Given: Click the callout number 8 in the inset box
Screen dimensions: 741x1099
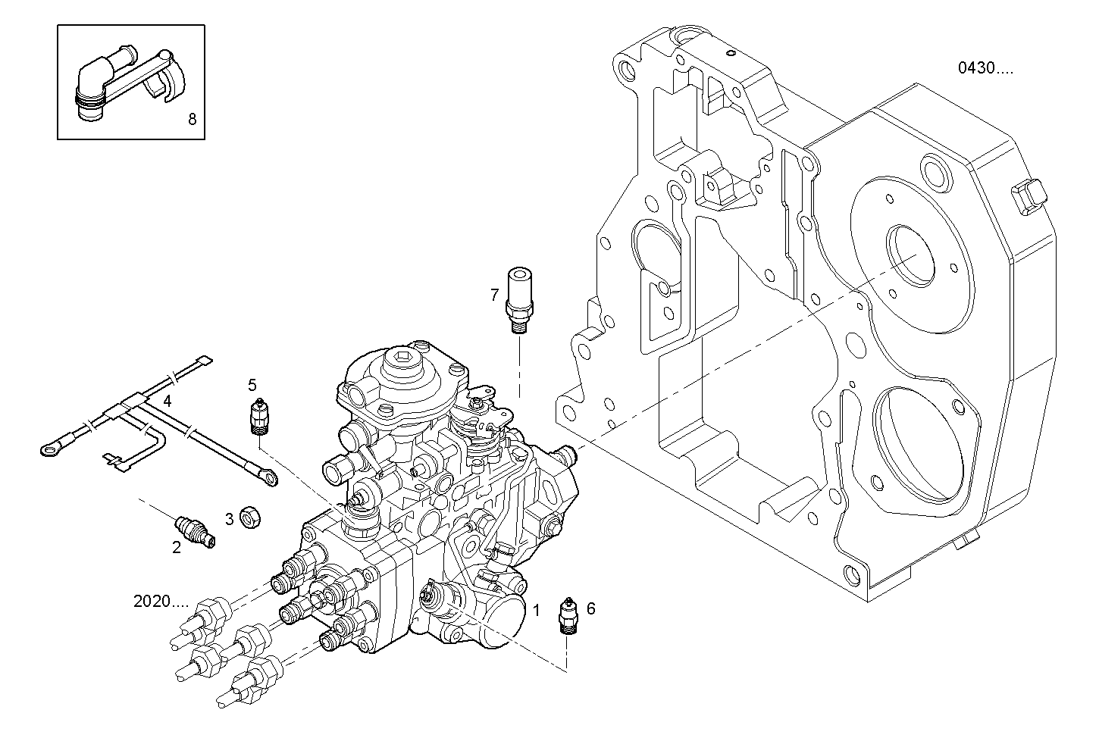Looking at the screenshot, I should click(192, 119).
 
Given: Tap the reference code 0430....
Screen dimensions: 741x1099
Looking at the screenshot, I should click(985, 68).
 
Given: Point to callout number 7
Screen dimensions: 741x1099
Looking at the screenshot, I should click(494, 294).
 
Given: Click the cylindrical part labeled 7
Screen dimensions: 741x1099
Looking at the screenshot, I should click(520, 295).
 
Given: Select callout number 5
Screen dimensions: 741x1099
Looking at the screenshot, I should click(252, 384).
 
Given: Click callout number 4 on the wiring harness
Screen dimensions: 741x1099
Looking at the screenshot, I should click(167, 399).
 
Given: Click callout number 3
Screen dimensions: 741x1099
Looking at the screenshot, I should click(229, 519).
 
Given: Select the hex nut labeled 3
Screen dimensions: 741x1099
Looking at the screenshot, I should click(249, 518).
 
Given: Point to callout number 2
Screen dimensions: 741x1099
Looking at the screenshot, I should click(176, 548).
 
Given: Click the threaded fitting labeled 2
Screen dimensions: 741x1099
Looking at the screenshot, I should click(195, 530).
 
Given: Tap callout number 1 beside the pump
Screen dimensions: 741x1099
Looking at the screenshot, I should click(536, 609).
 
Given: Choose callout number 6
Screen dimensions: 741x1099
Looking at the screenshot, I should click(590, 608).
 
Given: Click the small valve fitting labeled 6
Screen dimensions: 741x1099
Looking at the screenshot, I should click(568, 614).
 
